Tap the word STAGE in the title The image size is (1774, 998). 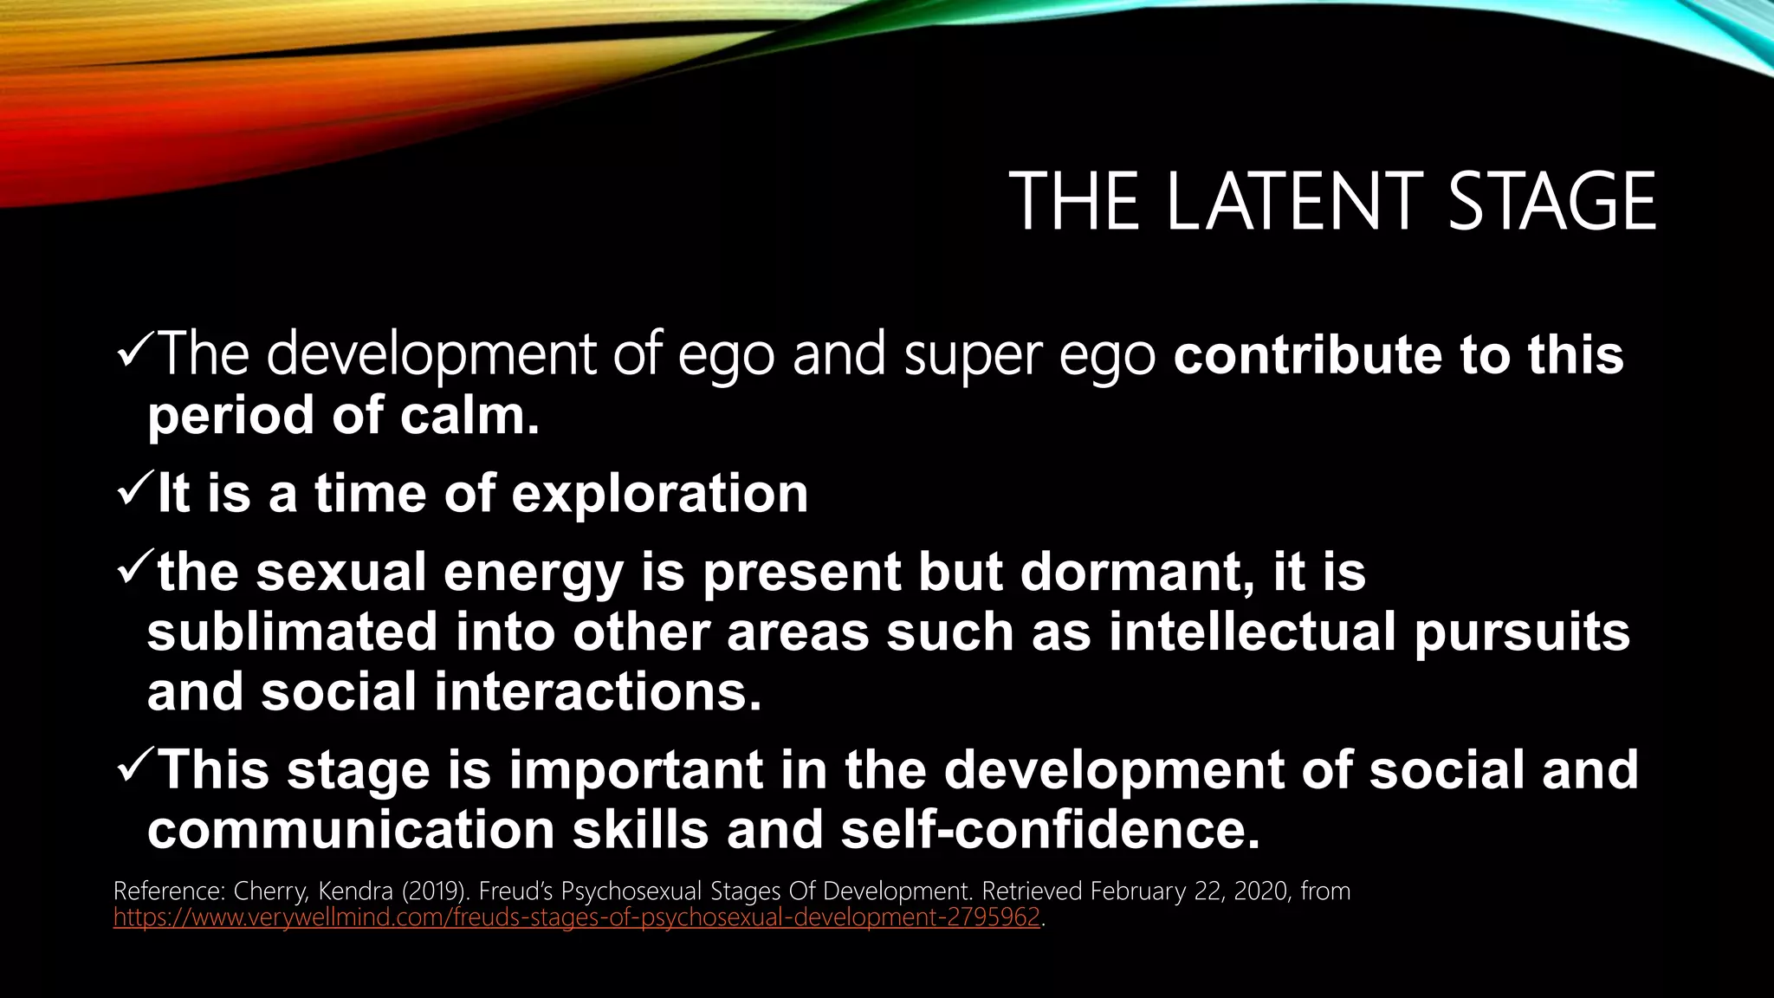point(1551,202)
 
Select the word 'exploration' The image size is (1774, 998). point(659,494)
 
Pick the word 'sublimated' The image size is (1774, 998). point(292,632)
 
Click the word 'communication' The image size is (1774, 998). point(350,830)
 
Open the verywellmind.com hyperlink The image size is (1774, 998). point(576,917)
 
